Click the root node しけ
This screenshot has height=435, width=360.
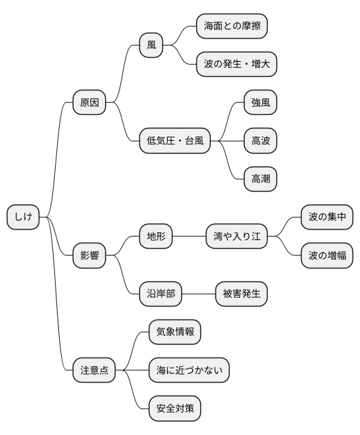coord(23,217)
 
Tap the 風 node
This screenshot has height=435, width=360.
coord(151,46)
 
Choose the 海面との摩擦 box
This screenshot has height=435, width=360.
coord(232,27)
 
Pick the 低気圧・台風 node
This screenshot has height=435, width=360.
coord(175,141)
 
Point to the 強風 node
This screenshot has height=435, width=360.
coord(261,103)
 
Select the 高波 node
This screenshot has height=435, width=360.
coord(261,141)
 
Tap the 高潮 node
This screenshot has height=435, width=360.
coord(261,179)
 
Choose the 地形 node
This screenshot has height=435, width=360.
coord(156,237)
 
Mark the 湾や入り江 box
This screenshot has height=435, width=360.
coord(236,237)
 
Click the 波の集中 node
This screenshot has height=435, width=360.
coord(327,217)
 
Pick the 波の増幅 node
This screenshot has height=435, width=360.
coord(327,256)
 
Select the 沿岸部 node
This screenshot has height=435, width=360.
coord(160,294)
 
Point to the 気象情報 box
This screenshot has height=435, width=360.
coord(175,332)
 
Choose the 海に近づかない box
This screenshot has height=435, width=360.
coord(189,371)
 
